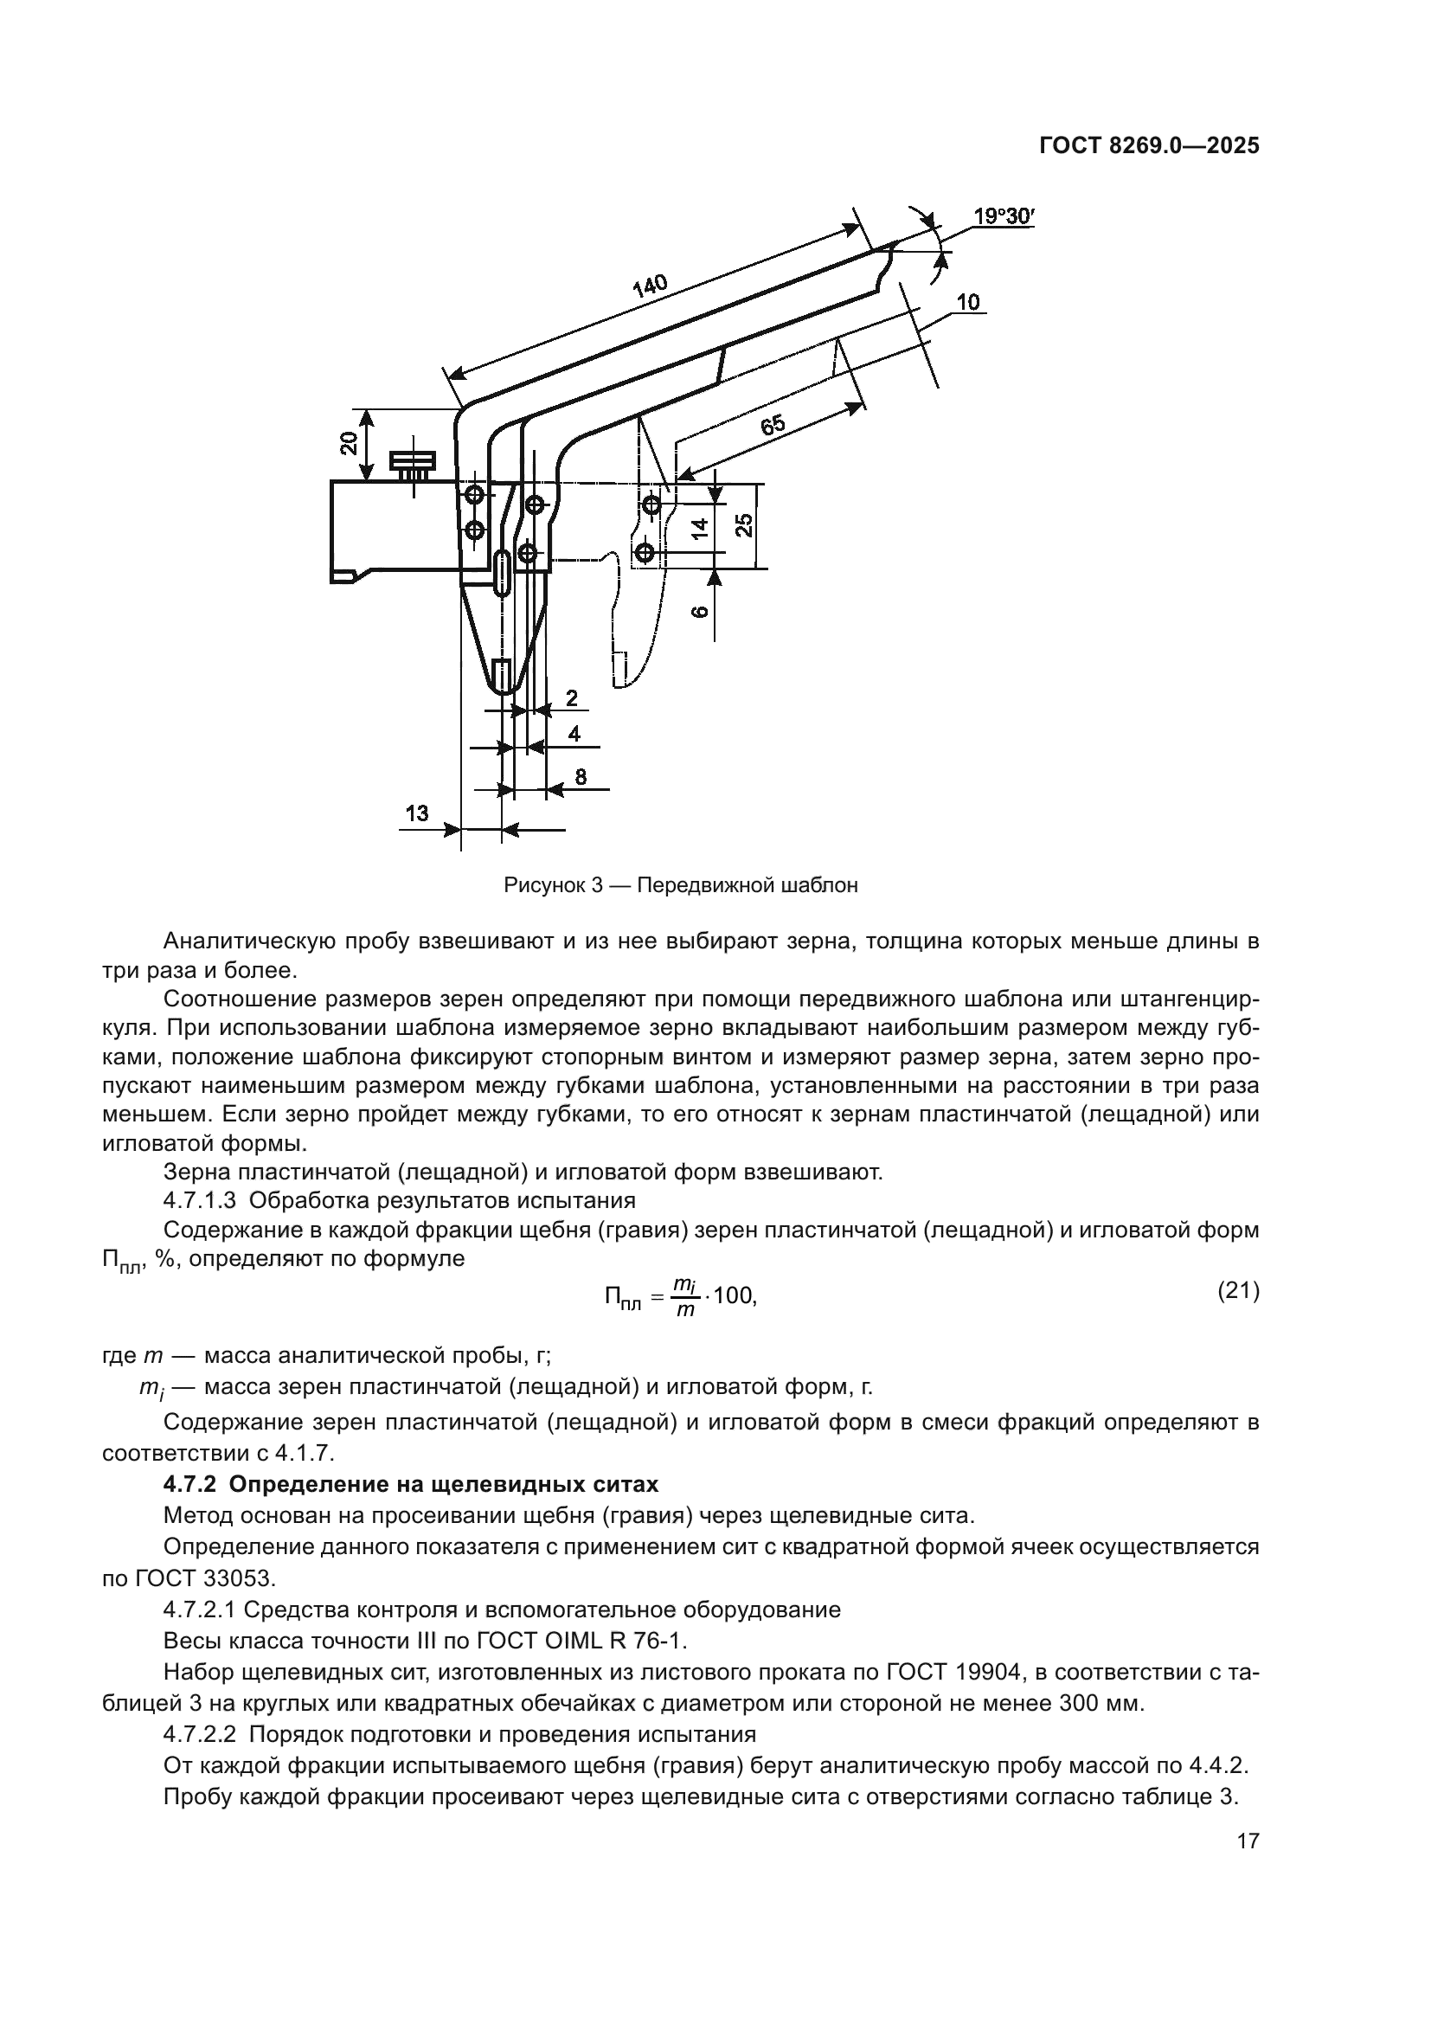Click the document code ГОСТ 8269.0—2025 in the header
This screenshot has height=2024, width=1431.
tap(1149, 145)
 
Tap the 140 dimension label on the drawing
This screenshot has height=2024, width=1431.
tap(651, 286)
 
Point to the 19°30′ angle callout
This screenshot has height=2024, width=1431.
tap(1003, 216)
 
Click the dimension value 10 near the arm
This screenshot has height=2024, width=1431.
tap(967, 302)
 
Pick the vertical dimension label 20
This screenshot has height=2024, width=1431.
tap(349, 443)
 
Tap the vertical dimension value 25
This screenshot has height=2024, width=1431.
tap(745, 525)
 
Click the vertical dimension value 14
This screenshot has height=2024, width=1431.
tap(699, 529)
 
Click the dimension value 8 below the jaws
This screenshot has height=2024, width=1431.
tap(581, 776)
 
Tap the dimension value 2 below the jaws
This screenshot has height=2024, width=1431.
tap(571, 698)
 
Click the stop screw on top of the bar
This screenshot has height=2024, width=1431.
tap(413, 463)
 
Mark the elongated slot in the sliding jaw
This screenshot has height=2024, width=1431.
tap(502, 573)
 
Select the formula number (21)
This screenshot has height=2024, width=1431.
tap(1237, 1291)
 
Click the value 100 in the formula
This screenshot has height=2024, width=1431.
tap(732, 1296)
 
